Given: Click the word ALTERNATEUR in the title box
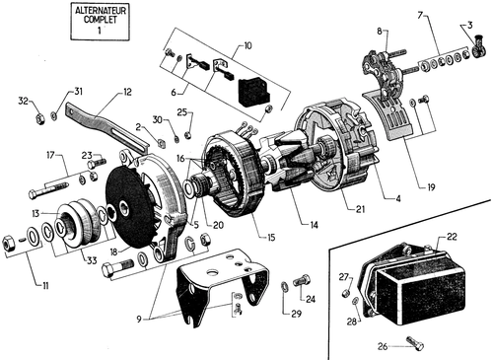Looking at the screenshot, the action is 101,11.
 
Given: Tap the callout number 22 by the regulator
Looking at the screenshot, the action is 452,237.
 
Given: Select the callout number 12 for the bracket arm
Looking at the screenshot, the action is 126,92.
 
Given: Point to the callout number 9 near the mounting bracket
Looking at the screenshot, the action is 139,319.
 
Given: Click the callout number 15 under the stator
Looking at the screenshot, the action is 271,238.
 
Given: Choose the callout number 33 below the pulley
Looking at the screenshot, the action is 92,260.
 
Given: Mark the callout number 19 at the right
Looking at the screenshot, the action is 431,187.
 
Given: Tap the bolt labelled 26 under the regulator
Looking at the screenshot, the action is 415,343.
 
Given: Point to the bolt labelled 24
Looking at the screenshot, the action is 302,280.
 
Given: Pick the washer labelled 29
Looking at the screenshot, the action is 284,287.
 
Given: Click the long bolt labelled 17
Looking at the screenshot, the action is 49,190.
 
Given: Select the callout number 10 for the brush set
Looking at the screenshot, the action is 247,45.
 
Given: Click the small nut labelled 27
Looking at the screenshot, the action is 346,292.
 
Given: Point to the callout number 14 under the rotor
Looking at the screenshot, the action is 314,225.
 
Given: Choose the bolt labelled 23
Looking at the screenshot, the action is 96,163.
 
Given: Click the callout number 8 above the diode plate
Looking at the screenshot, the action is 380,32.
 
